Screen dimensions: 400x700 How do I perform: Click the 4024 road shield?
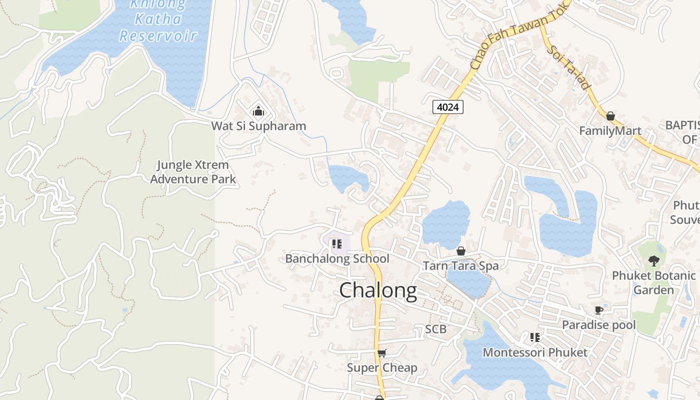(x=448, y=106)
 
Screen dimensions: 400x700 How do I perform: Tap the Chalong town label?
(x=378, y=291)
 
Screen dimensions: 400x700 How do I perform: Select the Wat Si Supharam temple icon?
(x=258, y=110)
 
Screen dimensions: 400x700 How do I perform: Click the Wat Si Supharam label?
(x=258, y=126)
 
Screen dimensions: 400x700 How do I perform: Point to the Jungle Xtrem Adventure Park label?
(x=193, y=172)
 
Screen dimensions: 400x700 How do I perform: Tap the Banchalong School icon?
(x=336, y=244)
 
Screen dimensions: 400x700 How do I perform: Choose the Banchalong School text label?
(x=337, y=259)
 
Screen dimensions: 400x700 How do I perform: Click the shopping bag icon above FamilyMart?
(x=610, y=116)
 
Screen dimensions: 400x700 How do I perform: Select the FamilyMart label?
(x=610, y=131)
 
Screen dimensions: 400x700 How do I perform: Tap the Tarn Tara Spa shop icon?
(x=461, y=251)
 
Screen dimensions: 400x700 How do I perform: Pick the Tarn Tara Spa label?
(x=461, y=265)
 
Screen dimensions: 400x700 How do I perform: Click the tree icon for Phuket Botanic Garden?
(x=653, y=260)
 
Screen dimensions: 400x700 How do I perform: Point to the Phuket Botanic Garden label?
(x=653, y=282)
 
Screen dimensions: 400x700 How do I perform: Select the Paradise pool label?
(x=599, y=325)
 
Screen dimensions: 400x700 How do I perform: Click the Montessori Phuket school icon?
(x=535, y=337)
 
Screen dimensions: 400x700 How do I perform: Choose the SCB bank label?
(x=435, y=329)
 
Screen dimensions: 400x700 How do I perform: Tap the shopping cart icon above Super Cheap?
(x=382, y=353)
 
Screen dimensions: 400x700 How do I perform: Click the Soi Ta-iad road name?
(x=569, y=67)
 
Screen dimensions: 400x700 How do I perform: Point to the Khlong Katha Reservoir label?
(x=158, y=20)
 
